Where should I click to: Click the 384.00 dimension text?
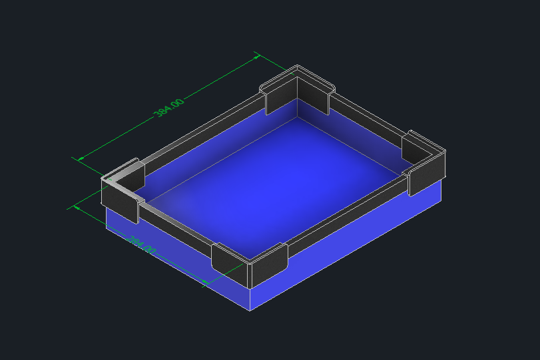pos(168,107)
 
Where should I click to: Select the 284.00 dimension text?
pos(142,244)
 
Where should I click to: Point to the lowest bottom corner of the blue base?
pos(250,310)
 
